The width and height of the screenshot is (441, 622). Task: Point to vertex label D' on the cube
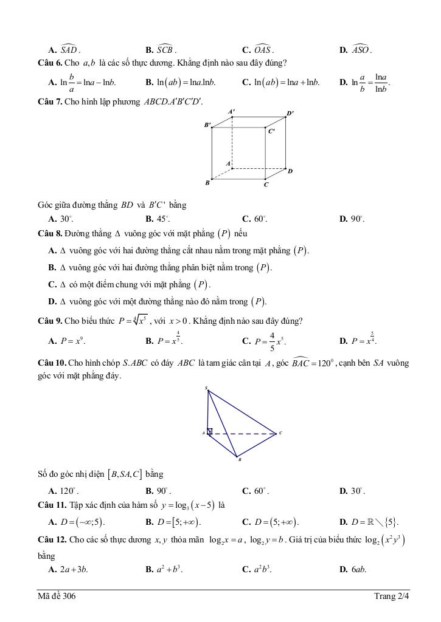coord(290,113)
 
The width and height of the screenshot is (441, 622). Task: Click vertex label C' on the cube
coord(271,131)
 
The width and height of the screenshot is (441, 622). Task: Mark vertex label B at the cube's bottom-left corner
coord(207,182)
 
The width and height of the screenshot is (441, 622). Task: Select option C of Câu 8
coord(129,284)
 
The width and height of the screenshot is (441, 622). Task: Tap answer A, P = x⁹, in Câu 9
coord(67,340)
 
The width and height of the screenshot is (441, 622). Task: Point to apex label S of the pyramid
coord(206,388)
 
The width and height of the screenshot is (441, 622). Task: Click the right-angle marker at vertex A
coord(210,432)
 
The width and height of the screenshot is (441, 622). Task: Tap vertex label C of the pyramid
coord(280,433)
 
